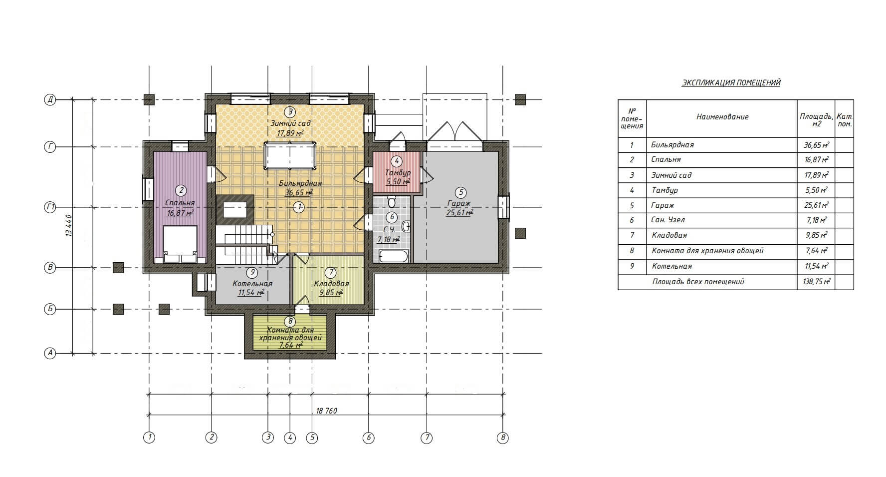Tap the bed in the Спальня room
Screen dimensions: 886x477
[181, 244]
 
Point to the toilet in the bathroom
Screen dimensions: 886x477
[392, 201]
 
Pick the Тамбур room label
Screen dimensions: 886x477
[398, 173]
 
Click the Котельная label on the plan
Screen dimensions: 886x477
[252, 284]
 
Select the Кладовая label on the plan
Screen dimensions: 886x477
[331, 284]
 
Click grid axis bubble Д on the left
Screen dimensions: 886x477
[50, 99]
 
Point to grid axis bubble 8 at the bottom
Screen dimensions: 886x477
[503, 438]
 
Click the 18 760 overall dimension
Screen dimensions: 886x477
[327, 411]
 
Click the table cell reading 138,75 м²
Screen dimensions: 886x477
[815, 282]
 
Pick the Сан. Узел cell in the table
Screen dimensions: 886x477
[668, 220]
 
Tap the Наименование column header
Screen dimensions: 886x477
[722, 117]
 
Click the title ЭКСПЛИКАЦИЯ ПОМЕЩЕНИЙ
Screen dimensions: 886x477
[731, 83]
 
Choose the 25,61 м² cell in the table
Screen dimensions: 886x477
[815, 205]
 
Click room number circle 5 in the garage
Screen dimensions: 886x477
[461, 192]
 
